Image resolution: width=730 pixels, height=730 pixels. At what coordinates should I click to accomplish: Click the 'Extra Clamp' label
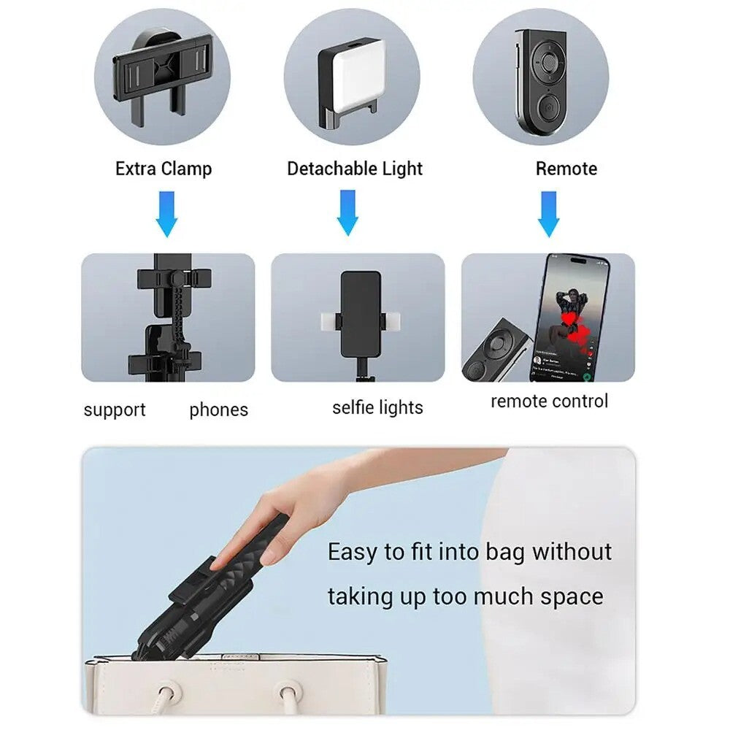[x=164, y=169]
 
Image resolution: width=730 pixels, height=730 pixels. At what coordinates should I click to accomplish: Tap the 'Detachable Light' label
[x=355, y=169]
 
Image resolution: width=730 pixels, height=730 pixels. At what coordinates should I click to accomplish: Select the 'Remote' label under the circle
[x=566, y=169]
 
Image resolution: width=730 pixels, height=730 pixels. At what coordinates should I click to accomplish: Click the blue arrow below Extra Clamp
[x=167, y=213]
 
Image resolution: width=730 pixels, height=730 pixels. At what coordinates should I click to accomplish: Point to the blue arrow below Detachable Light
[x=348, y=213]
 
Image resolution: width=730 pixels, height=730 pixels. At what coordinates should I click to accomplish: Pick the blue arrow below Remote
[x=548, y=213]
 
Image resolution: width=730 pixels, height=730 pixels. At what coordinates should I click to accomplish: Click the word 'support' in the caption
[x=115, y=410]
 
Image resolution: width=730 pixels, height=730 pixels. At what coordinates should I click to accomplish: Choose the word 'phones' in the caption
[x=218, y=410]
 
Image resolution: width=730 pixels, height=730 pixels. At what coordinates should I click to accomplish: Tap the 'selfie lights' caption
[x=377, y=407]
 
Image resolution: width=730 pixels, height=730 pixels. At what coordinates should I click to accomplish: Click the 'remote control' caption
[x=549, y=401]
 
